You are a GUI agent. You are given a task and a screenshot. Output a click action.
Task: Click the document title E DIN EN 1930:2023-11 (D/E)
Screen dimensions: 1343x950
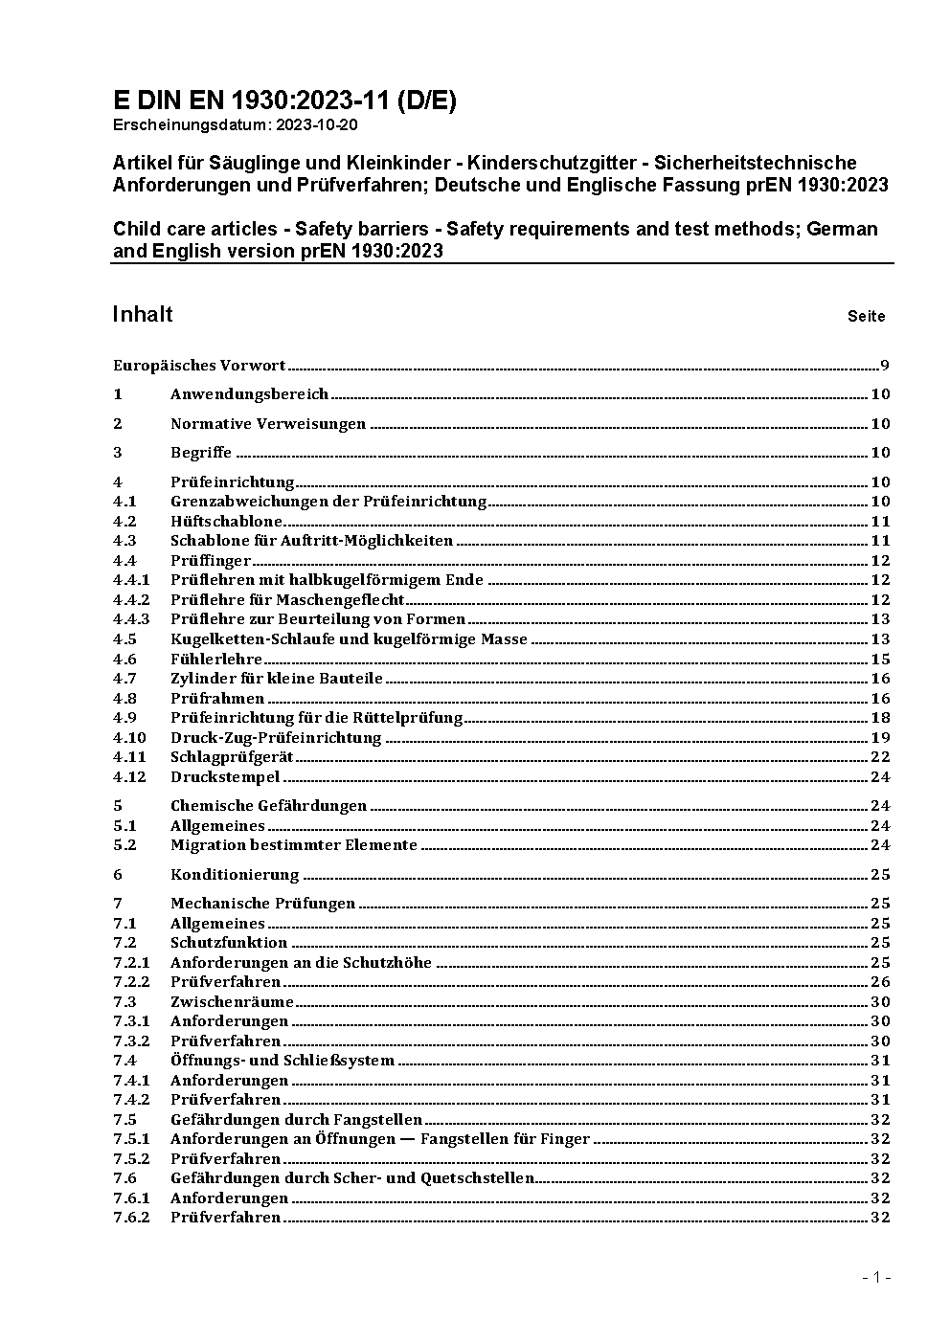pos(284,101)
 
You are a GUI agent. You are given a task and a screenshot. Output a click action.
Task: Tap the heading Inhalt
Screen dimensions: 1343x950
pos(143,314)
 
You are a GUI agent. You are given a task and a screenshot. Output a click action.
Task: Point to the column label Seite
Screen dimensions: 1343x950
pos(866,316)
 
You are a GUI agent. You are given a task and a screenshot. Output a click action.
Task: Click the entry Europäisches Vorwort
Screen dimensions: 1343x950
pos(199,365)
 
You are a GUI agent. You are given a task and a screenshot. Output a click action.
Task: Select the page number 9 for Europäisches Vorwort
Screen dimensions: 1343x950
pos(885,365)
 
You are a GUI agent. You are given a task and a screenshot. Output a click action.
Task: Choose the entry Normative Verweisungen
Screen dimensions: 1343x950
pos(268,423)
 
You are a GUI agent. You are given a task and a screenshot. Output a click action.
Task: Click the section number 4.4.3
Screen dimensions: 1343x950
pos(131,619)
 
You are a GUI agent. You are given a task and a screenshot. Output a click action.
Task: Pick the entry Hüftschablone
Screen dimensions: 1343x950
pos(226,521)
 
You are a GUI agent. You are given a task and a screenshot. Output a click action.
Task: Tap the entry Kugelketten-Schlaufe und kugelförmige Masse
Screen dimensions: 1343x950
pos(349,638)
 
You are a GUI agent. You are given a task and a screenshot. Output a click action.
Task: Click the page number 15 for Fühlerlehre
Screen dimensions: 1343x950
pos(880,659)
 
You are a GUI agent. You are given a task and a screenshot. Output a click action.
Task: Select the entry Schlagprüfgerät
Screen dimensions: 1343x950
pos(232,756)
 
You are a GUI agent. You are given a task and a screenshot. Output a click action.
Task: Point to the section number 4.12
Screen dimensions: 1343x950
pos(129,776)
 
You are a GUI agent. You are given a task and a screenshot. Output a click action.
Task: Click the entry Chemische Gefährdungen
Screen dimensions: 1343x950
pos(268,806)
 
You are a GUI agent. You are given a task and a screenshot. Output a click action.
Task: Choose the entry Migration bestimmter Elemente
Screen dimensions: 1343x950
pos(294,844)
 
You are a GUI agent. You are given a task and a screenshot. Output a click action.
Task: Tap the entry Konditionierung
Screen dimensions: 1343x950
pos(235,874)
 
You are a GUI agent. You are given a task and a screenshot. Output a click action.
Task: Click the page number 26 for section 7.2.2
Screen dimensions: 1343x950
pos(880,981)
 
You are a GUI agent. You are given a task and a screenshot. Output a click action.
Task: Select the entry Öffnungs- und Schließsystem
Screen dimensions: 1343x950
pos(283,1060)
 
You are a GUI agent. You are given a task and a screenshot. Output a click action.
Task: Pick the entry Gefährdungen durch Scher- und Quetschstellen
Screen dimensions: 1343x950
pos(352,1177)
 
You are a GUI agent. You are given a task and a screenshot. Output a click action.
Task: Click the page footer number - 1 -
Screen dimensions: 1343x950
pos(876,1277)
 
